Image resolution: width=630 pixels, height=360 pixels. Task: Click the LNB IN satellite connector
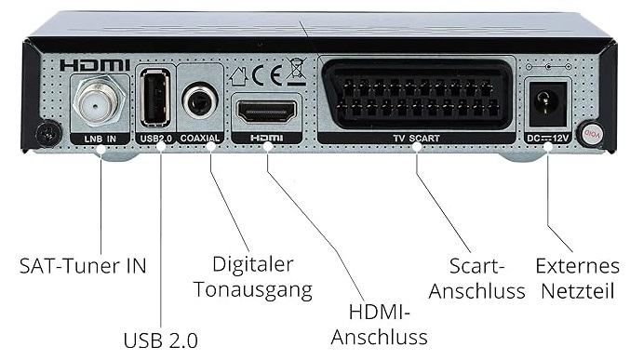[x=99, y=100]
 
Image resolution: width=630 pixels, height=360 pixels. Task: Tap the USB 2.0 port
[x=155, y=98]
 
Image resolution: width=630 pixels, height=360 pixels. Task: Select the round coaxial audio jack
[x=200, y=100]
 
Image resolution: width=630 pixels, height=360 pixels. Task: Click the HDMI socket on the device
[x=267, y=112]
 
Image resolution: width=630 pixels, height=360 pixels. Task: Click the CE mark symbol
[x=267, y=75]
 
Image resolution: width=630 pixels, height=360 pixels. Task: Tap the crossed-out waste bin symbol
[x=297, y=72]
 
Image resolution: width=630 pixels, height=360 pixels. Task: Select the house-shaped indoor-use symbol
[x=239, y=76]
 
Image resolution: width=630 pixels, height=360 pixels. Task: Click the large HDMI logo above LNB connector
[x=95, y=65]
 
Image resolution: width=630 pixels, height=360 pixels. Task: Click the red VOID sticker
[x=590, y=134]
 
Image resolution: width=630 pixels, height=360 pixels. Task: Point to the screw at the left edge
[x=48, y=133]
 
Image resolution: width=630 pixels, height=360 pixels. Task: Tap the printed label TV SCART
[x=416, y=139]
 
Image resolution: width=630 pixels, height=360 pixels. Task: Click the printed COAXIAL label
[x=200, y=139]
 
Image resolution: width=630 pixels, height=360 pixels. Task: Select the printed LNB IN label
[x=101, y=139]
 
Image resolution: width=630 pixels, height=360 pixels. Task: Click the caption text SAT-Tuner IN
[x=83, y=266]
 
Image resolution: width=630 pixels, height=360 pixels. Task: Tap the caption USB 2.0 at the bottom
[x=161, y=340]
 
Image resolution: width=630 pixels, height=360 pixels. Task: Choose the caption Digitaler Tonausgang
[x=253, y=277]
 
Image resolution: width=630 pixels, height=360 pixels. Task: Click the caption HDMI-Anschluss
[x=380, y=325]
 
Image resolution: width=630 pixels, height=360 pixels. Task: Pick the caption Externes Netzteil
[x=577, y=278]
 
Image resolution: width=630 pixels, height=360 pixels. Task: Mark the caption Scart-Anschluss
[x=476, y=278]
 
